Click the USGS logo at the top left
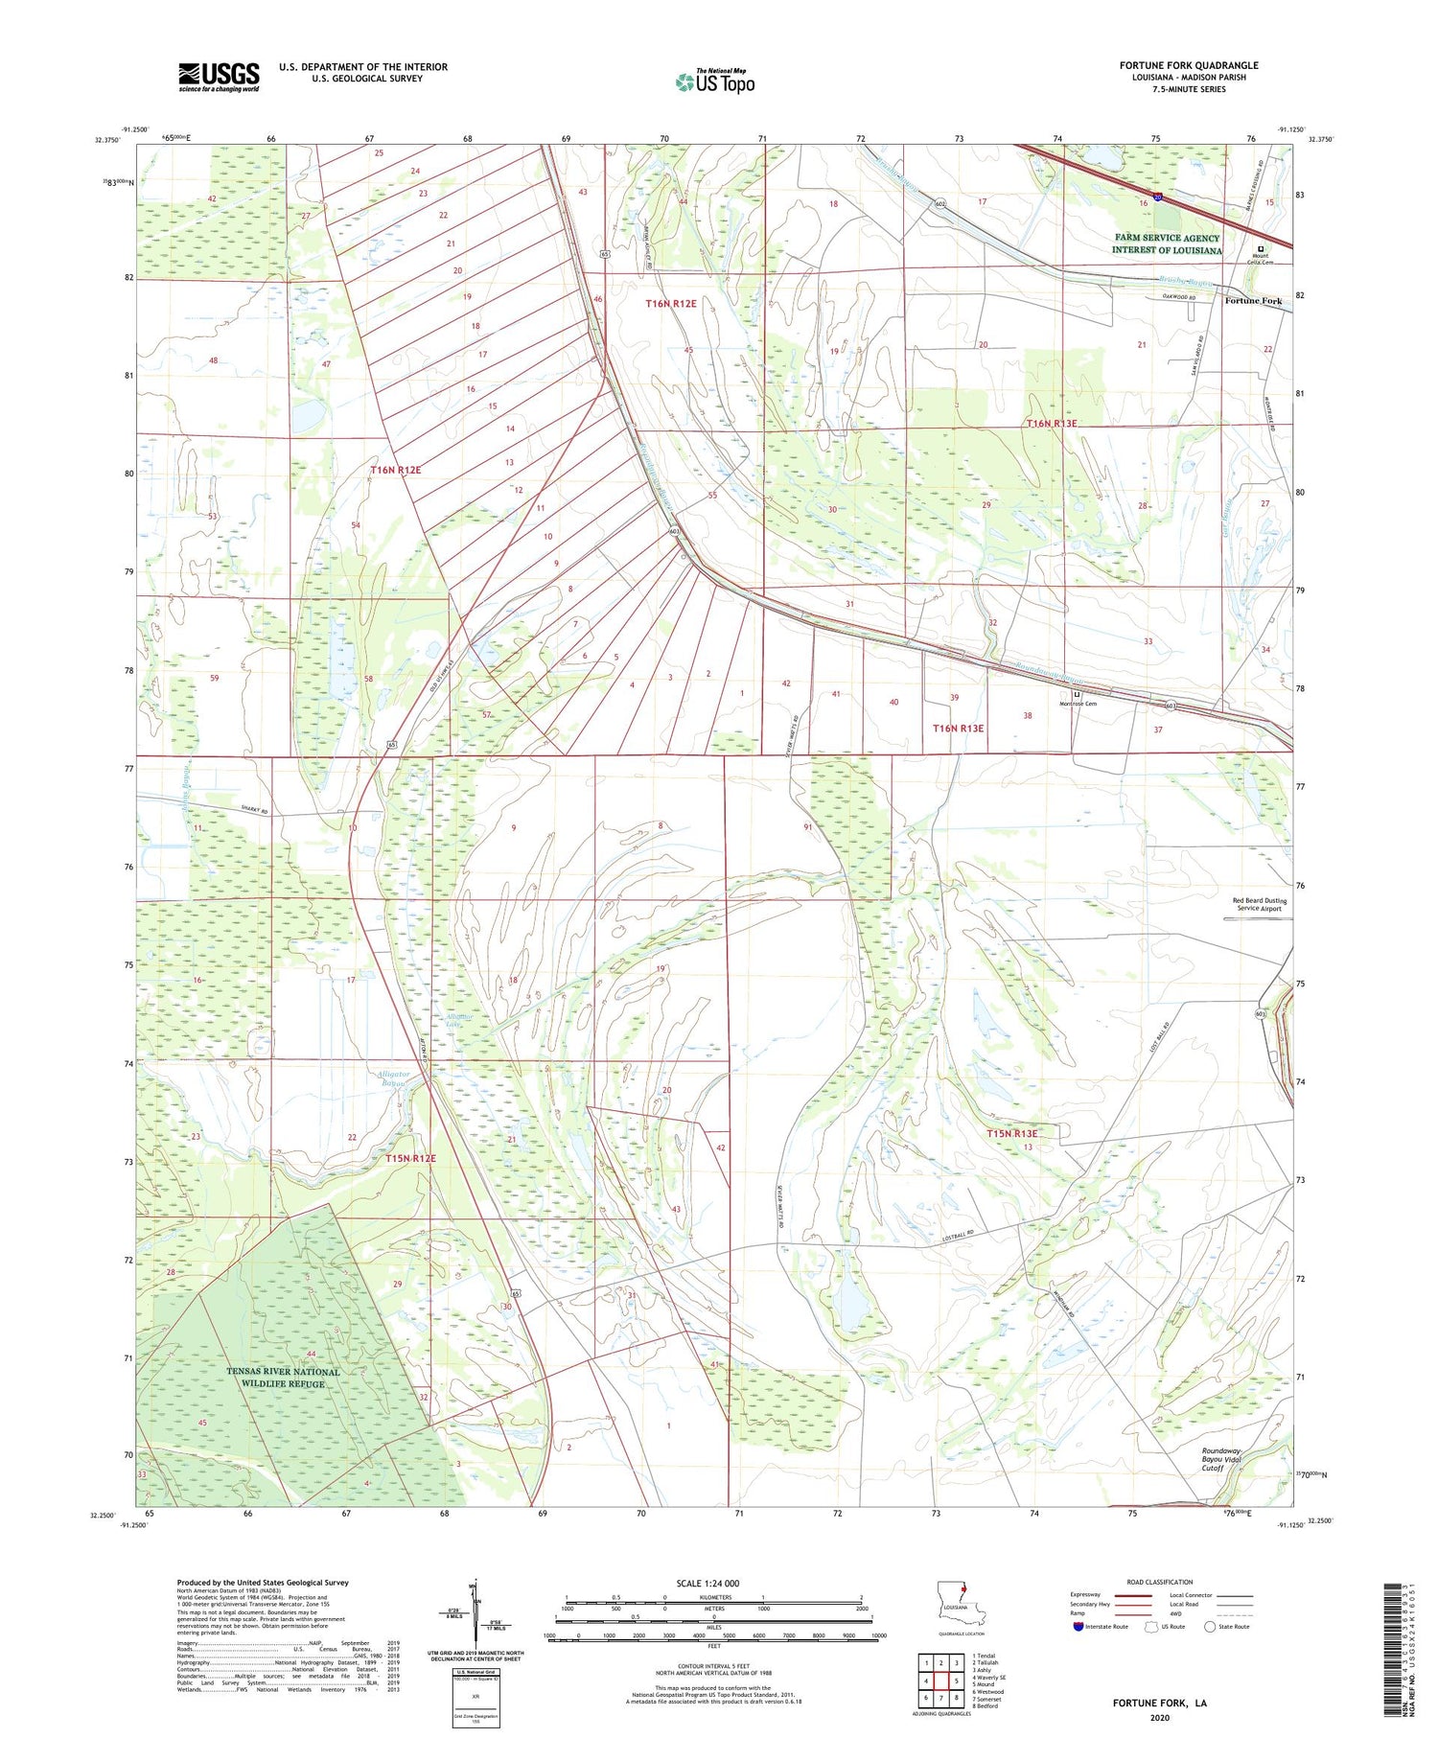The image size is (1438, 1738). pos(219,77)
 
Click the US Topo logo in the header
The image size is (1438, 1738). pos(715,82)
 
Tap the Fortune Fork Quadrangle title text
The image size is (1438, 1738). pos(1188,65)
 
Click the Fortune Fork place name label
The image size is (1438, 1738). pos(1252,300)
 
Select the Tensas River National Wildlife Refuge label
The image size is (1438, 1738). pos(283,1378)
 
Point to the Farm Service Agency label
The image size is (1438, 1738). pos(1167,243)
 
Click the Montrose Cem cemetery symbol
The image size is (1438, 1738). pos(1077,694)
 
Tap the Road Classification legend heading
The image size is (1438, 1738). pos(1160,1582)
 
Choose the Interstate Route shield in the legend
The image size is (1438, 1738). pos(1078,1626)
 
